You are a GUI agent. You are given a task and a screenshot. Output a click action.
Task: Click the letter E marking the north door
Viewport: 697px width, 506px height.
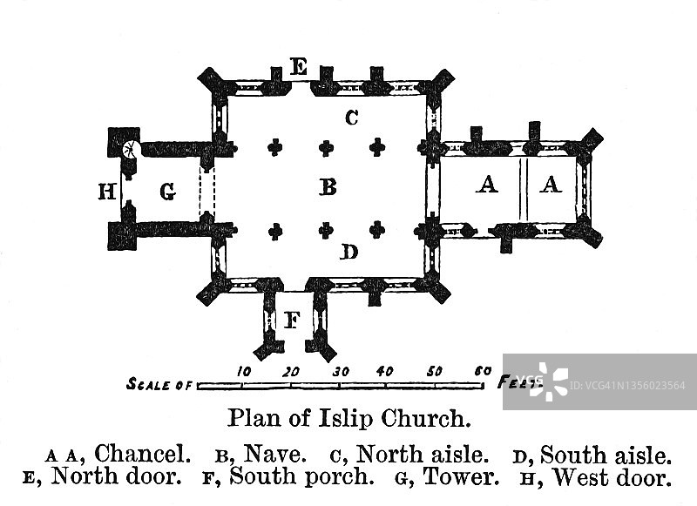click(x=299, y=66)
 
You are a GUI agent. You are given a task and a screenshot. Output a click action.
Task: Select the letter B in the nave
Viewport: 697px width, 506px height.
click(x=328, y=186)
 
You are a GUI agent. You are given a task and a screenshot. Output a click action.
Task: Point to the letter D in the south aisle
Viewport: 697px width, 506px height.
click(x=348, y=253)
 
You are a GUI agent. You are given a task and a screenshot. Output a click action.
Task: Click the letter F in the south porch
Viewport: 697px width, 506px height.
click(x=293, y=320)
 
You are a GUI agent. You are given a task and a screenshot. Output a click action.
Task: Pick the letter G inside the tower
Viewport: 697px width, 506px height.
click(x=168, y=192)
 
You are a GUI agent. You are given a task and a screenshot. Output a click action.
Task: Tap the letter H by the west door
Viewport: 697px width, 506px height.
click(x=107, y=192)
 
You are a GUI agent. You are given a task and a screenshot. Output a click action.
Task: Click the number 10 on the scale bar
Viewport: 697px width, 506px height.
click(x=244, y=371)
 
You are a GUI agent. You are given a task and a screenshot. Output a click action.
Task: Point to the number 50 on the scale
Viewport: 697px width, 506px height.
click(x=434, y=371)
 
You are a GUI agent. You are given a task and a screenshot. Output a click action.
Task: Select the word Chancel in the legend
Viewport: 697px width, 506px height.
click(x=143, y=454)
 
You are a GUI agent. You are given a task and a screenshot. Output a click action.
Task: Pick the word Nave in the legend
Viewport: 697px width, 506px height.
click(x=274, y=454)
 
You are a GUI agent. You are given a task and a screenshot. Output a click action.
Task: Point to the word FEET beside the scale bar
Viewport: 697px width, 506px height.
click(x=520, y=381)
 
